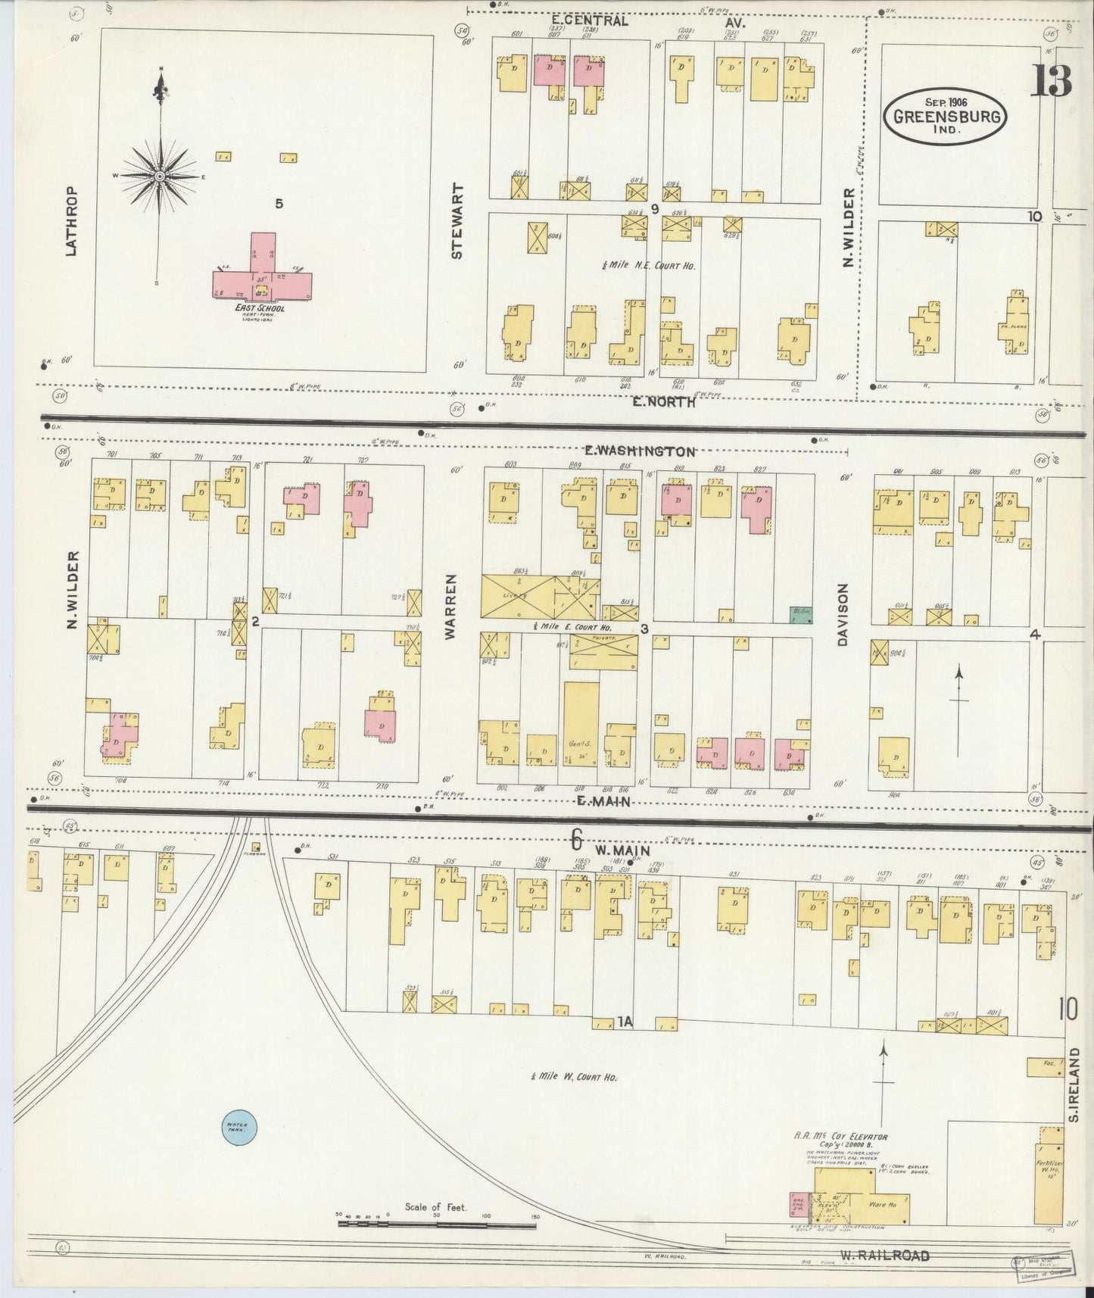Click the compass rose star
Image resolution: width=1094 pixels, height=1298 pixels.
tap(160, 176)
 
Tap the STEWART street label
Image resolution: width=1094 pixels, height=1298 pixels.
tap(457, 222)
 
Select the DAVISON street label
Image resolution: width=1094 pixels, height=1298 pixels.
tap(843, 615)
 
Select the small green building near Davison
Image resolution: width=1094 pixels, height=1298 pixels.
tap(800, 616)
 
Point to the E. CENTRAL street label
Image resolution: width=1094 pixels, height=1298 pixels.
tap(589, 21)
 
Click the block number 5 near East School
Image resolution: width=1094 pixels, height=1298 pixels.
tap(279, 204)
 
